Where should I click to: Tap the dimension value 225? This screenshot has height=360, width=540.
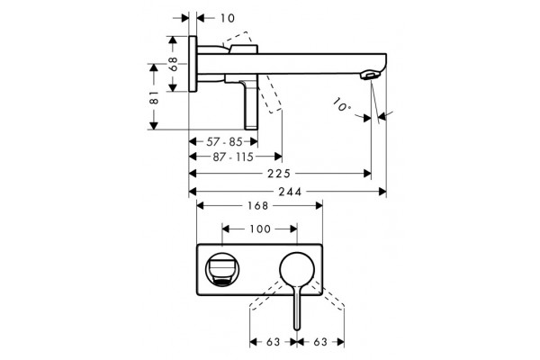(279, 174)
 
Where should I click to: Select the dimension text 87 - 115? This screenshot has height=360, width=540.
(233, 157)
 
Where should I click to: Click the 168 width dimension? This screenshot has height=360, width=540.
(258, 206)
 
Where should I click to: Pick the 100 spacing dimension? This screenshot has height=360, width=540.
(260, 229)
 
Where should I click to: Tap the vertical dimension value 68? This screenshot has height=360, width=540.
(173, 64)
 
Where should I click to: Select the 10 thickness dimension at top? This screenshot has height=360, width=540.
(228, 18)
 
